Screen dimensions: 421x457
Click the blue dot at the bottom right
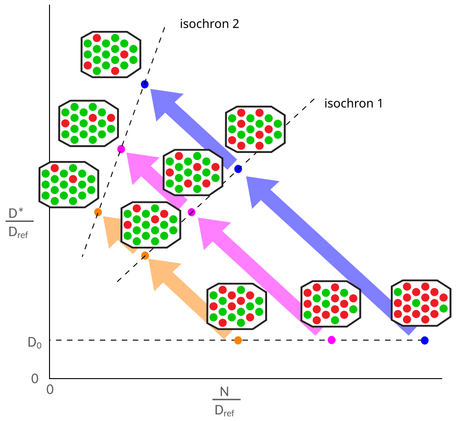(425, 340)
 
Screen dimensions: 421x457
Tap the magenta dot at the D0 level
(332, 340)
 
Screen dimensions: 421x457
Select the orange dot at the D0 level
(238, 340)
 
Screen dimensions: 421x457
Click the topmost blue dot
(145, 84)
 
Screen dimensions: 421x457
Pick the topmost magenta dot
(121, 149)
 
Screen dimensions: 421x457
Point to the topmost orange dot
(98, 212)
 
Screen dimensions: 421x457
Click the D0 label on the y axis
(34, 342)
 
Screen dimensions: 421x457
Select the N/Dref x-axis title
(226, 401)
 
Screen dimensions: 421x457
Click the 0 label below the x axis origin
(50, 390)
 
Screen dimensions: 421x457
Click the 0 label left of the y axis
(35, 379)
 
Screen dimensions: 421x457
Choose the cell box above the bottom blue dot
(420, 303)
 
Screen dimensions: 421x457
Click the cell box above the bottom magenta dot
(331, 303)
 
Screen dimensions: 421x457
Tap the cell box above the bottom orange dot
(237, 307)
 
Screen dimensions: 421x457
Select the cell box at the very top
(110, 54)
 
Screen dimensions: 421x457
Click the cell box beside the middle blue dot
(255, 129)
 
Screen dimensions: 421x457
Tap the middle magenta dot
(192, 212)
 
